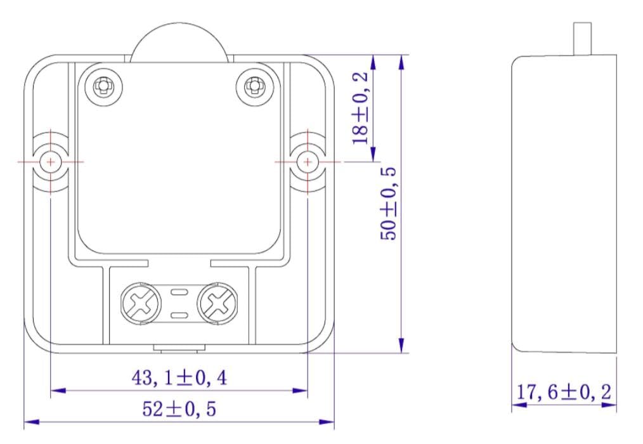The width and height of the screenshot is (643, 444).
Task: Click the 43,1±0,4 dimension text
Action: coord(179,378)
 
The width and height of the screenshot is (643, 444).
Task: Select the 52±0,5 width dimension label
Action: coord(179,409)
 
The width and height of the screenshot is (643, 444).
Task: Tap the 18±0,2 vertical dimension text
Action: coord(360,108)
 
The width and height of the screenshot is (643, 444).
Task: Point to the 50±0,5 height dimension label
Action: coord(389,204)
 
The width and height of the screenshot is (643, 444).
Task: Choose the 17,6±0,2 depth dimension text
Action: coord(564,392)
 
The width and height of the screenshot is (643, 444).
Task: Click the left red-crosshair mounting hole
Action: coord(51,162)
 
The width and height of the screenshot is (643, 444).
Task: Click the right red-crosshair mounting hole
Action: coord(308,162)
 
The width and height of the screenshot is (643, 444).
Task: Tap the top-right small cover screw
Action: coord(254,86)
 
